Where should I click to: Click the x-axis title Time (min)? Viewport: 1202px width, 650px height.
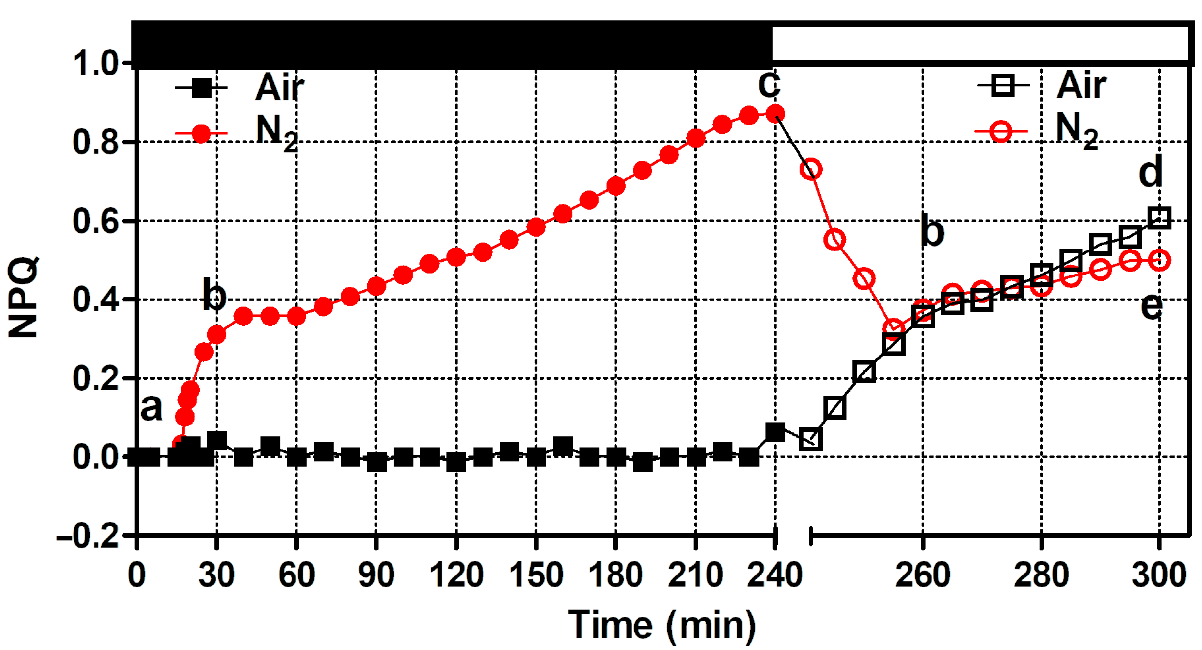(662, 625)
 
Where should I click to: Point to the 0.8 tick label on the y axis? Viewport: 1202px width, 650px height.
(96, 142)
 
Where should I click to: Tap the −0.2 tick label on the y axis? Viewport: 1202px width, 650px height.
(88, 536)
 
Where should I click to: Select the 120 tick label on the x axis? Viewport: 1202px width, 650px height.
(456, 575)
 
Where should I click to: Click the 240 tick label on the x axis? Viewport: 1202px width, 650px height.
(775, 575)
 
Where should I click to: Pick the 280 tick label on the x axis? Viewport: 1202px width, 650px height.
(1041, 575)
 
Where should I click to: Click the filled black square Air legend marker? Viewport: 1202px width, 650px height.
(201, 88)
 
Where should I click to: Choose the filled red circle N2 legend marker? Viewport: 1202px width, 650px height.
(201, 133)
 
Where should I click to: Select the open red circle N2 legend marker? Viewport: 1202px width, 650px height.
(1001, 131)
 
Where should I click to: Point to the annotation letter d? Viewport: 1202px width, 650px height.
(1150, 172)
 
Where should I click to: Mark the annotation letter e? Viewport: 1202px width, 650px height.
(1151, 306)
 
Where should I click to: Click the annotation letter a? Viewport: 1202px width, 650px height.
(151, 407)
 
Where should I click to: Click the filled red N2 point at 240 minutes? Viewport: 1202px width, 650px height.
(775, 114)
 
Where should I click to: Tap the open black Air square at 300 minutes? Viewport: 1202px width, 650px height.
(1159, 218)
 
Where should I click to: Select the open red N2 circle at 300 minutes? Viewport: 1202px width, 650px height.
(1159, 260)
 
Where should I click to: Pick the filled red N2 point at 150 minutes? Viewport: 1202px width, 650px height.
(536, 226)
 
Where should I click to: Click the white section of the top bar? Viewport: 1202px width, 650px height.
(980, 44)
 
